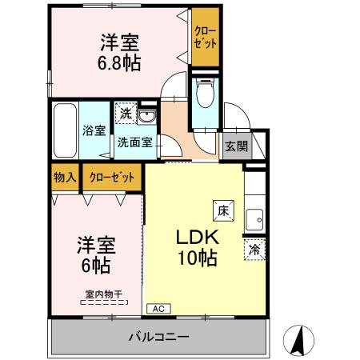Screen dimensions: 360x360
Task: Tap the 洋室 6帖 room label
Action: pyautogui.click(x=95, y=253)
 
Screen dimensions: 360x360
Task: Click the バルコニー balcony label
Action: pyautogui.click(x=158, y=336)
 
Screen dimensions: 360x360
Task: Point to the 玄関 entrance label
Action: pyautogui.click(x=235, y=146)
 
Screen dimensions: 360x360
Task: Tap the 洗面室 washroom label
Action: pyautogui.click(x=135, y=146)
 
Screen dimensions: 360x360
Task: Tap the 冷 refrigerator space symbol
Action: pyautogui.click(x=255, y=249)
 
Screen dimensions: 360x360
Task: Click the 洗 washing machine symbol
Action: pyautogui.click(x=126, y=114)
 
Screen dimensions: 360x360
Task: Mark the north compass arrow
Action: pyautogui.click(x=297, y=340)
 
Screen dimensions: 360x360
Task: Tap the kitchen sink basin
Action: pyautogui.click(x=256, y=218)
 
